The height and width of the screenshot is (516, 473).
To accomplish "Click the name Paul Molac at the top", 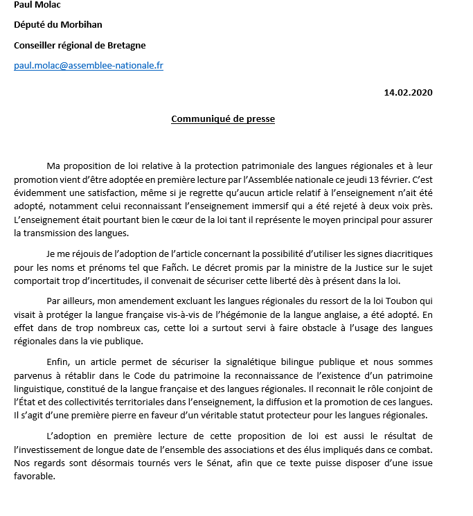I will coord(36,5).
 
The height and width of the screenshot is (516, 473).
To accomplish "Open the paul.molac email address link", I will coord(89,66).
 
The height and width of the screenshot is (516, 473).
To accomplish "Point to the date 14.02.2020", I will coord(409,92).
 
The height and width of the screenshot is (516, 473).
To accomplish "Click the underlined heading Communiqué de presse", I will coord(223,119).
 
